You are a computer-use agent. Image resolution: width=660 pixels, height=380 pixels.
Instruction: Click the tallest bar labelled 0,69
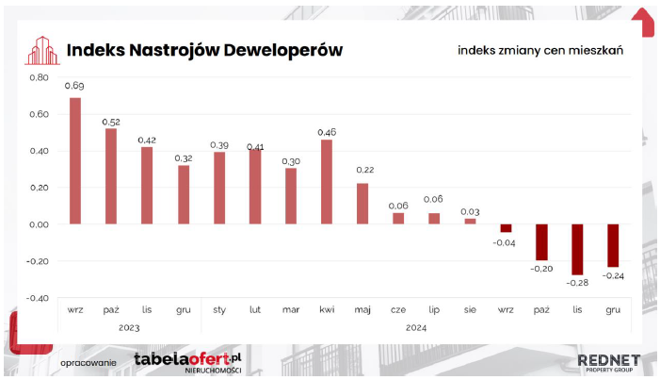[75, 160]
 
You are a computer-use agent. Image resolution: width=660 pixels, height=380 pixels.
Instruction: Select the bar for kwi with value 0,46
[327, 182]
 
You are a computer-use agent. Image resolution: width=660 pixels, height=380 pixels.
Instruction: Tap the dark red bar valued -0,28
[577, 249]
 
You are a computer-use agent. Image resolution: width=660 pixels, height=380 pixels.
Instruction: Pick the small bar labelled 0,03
[470, 221]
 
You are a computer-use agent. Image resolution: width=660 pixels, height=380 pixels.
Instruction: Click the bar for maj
[362, 204]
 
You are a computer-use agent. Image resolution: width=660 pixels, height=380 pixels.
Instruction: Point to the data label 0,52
[111, 123]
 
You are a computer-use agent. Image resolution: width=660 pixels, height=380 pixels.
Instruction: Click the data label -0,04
[504, 243]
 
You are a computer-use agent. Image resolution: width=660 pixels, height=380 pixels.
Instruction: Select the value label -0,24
[613, 276]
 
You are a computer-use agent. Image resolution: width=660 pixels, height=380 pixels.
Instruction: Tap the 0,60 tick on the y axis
[40, 114]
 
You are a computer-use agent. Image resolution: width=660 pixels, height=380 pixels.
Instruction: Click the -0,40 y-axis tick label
[38, 298]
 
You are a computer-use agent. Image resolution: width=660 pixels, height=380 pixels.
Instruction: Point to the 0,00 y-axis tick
[40, 224]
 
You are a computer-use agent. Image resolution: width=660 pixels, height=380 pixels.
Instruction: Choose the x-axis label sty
[219, 310]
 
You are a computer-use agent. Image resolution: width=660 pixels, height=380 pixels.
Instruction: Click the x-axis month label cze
[398, 310]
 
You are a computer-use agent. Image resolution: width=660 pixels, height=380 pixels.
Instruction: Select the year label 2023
[129, 328]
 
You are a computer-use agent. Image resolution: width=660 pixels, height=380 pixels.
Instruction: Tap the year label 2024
[416, 328]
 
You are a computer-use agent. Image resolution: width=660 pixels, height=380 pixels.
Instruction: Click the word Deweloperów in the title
[282, 50]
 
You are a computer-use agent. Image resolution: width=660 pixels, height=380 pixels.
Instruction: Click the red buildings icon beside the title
[42, 51]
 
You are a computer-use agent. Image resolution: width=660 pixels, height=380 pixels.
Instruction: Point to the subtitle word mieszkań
[596, 51]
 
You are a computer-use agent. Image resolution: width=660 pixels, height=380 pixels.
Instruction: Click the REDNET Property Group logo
[609, 363]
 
